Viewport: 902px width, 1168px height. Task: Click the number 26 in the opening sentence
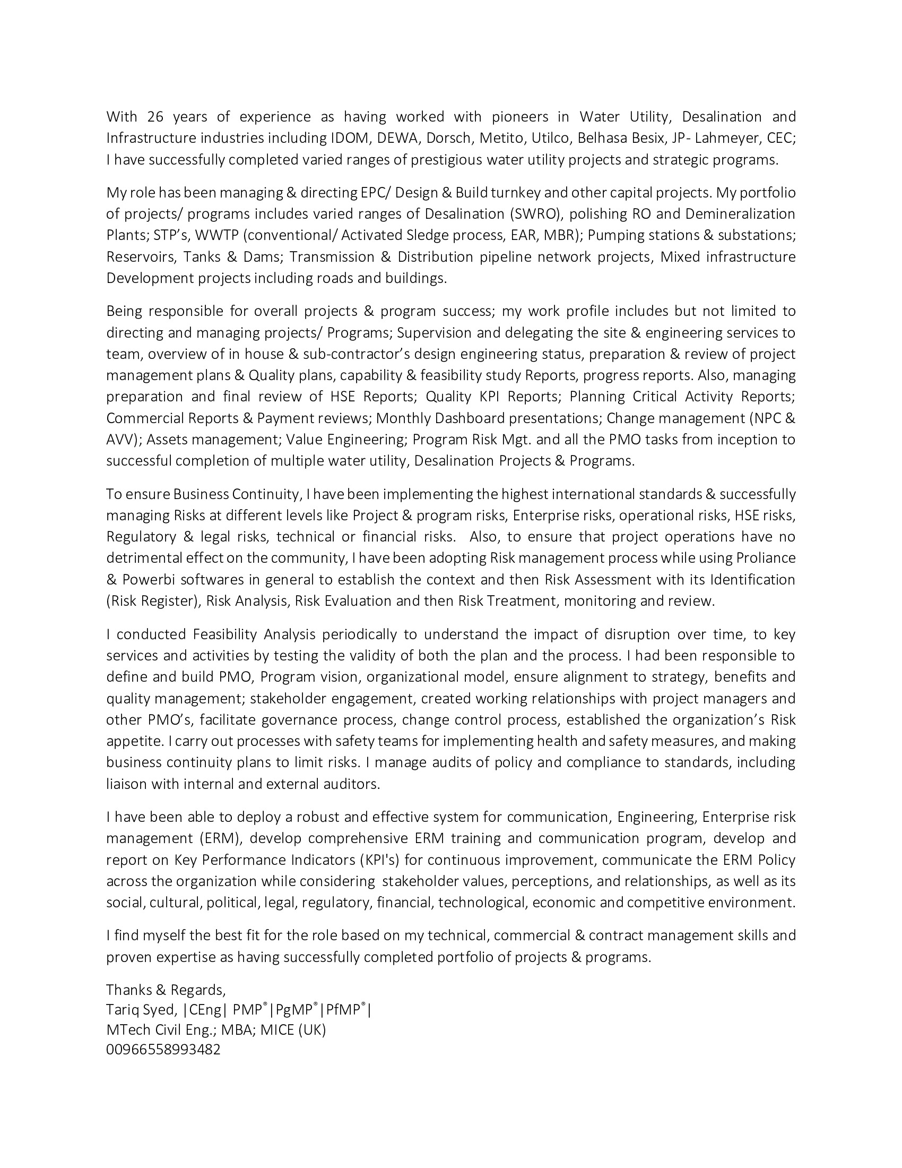click(x=155, y=117)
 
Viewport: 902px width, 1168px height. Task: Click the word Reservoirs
click(x=141, y=257)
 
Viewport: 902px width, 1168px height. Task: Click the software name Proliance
click(x=766, y=558)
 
